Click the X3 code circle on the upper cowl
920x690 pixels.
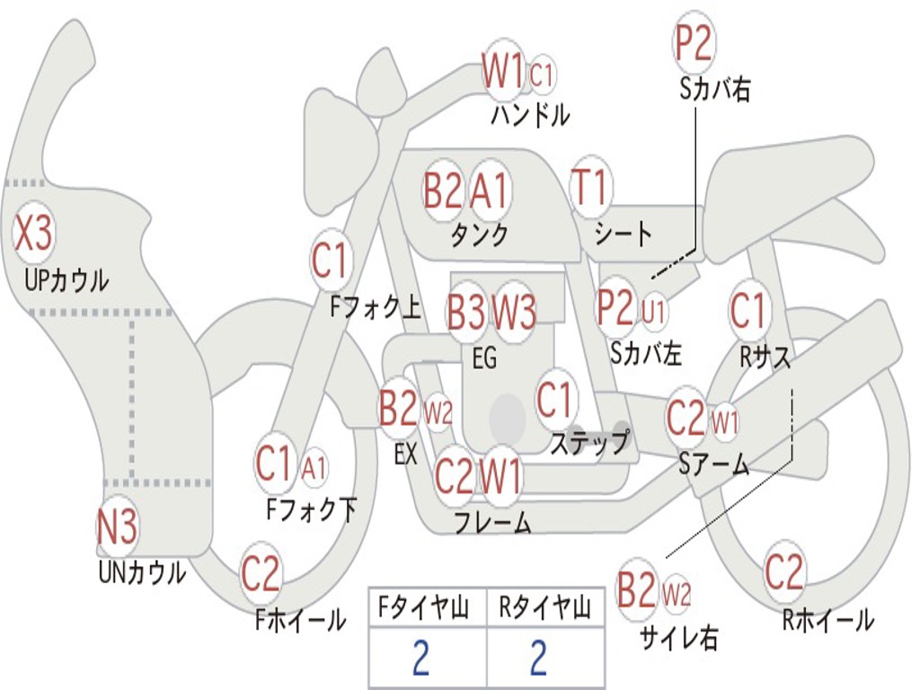[x=33, y=233]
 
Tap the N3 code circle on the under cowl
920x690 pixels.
[x=118, y=526]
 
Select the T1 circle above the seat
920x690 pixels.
[x=591, y=187]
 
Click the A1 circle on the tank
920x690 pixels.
[x=489, y=190]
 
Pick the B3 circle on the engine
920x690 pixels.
[x=467, y=311]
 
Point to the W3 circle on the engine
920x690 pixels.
[x=513, y=311]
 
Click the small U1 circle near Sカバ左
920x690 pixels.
[x=653, y=310]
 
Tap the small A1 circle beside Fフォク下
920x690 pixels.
[x=314, y=468]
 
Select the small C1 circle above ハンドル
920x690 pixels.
[x=541, y=74]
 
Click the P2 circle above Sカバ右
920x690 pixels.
[x=694, y=42]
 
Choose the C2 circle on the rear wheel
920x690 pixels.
[x=783, y=571]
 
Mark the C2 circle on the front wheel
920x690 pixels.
[x=261, y=572]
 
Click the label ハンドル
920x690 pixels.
[x=530, y=114]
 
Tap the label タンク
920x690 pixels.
[x=480, y=234]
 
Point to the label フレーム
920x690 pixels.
[x=493, y=522]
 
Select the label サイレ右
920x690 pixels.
[x=679, y=638]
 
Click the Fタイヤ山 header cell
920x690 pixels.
[x=428, y=607]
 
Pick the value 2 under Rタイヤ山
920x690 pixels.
[x=539, y=658]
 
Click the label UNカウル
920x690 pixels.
[x=142, y=572]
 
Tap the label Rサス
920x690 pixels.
[x=765, y=356]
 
